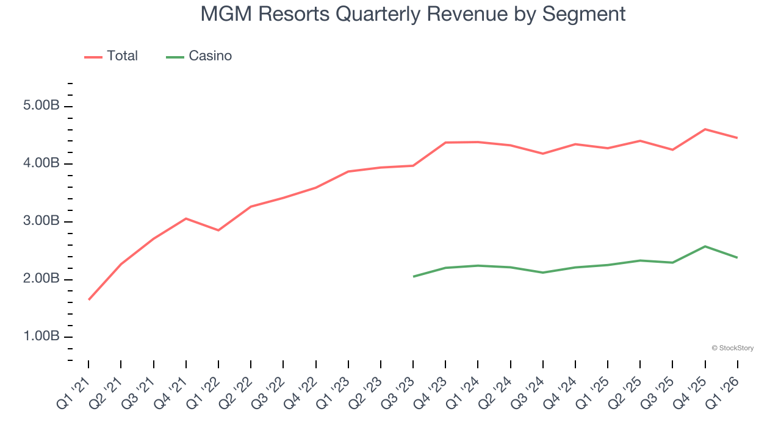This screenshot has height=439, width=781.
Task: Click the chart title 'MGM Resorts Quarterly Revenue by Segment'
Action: (413, 14)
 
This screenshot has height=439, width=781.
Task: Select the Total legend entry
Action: (122, 56)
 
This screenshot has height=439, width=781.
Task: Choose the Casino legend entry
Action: (210, 56)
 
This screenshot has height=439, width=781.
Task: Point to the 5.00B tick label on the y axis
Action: (41, 106)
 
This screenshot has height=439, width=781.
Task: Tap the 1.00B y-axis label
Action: (41, 337)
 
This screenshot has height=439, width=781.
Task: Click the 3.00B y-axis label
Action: (41, 221)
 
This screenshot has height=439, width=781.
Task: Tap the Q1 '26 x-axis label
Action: (722, 393)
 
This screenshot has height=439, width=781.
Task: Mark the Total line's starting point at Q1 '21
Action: (89, 299)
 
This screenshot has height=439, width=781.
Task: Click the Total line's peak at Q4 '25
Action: (705, 129)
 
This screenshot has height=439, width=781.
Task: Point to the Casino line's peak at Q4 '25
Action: (705, 246)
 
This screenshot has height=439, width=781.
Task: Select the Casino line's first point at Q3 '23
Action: (414, 276)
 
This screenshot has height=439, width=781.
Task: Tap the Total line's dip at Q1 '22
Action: (218, 230)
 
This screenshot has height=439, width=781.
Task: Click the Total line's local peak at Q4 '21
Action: (186, 218)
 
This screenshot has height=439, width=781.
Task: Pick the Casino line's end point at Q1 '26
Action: (737, 257)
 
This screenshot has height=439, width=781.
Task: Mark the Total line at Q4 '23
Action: (445, 143)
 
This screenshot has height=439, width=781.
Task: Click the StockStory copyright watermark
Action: (732, 348)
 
